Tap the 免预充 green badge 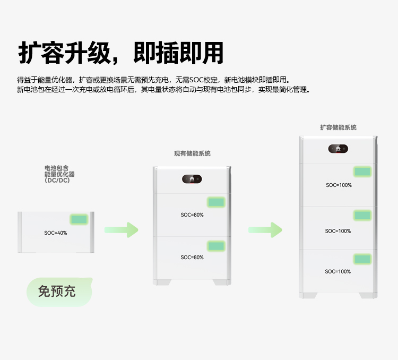pyautogui.click(x=57, y=291)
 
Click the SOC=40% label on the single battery pyautogui.click(x=56, y=233)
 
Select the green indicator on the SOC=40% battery pyautogui.click(x=79, y=219)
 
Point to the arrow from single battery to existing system pyautogui.click(x=121, y=230)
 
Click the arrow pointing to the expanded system pyautogui.click(x=265, y=230)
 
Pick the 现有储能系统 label pyautogui.click(x=192, y=153)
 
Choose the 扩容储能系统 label pyautogui.click(x=338, y=127)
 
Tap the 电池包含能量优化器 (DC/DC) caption pyautogui.click(x=59, y=174)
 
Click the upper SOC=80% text pyautogui.click(x=192, y=215)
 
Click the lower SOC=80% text pyautogui.click(x=192, y=258)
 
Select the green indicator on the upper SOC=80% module pyautogui.click(x=216, y=202)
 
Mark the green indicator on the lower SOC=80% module pyautogui.click(x=216, y=245)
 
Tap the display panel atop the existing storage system pyautogui.click(x=192, y=179)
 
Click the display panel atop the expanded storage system pyautogui.click(x=338, y=149)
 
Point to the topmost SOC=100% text pyautogui.click(x=339, y=185)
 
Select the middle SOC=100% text pyautogui.click(x=338, y=231)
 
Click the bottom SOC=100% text pyautogui.click(x=338, y=271)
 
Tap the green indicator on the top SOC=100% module pyautogui.click(x=363, y=172)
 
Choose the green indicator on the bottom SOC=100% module pyautogui.click(x=363, y=259)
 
